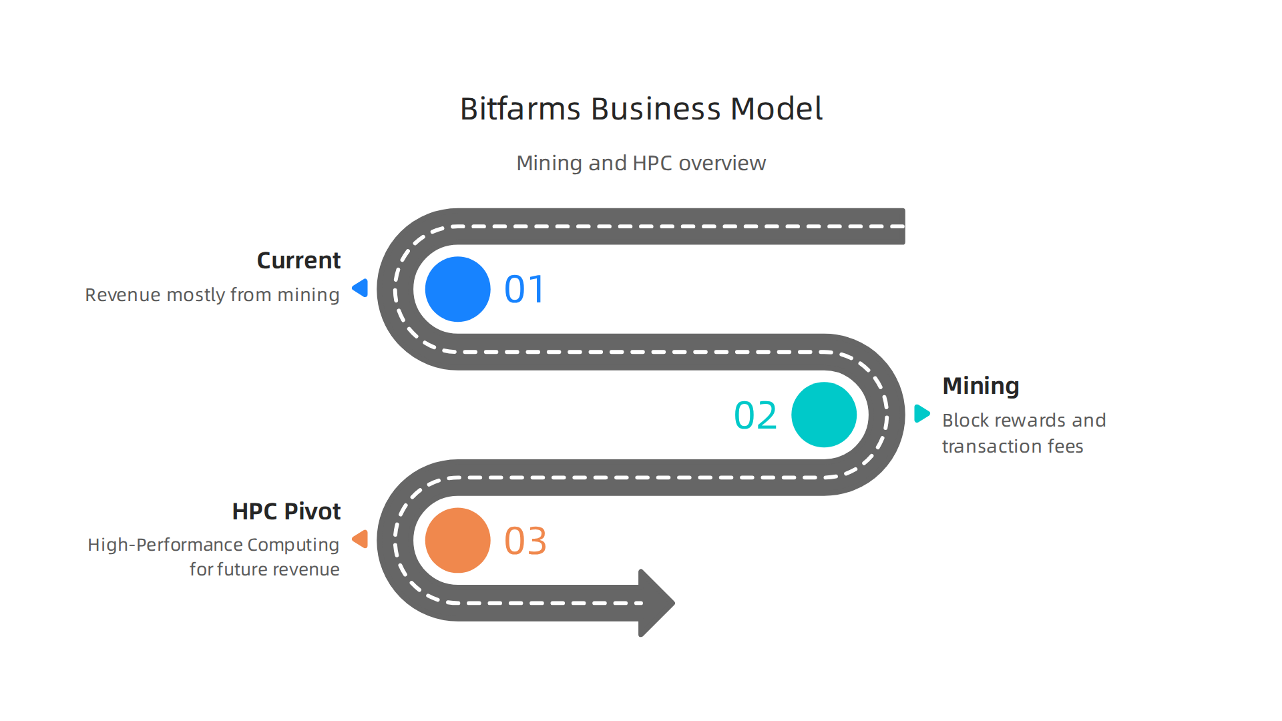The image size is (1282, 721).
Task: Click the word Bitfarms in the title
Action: [x=519, y=109]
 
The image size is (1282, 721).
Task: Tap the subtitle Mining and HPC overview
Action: [x=641, y=163]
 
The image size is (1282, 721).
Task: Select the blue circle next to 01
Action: [x=457, y=289]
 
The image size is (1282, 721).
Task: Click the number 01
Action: [x=525, y=290]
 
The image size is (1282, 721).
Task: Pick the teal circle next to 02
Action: [x=823, y=415]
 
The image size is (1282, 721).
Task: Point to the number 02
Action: [x=755, y=415]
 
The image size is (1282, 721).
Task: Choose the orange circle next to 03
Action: [x=457, y=540]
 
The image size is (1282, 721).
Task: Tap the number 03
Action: [x=525, y=541]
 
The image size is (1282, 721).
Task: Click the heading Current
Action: [x=298, y=260]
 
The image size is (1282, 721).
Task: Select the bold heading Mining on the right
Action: [x=980, y=386]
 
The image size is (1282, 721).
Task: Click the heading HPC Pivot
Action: [x=286, y=511]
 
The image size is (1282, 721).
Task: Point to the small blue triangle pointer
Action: [x=361, y=288]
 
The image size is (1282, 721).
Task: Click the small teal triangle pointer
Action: [x=921, y=413]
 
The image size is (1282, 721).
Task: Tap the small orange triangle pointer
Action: [x=361, y=539]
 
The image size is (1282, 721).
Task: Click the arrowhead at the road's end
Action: [x=655, y=603]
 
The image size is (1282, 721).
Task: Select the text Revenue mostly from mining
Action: [x=212, y=295]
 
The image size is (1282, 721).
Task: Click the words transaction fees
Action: [x=1012, y=447]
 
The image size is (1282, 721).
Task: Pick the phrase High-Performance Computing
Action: [x=213, y=545]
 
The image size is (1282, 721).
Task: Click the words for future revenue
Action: [x=264, y=569]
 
